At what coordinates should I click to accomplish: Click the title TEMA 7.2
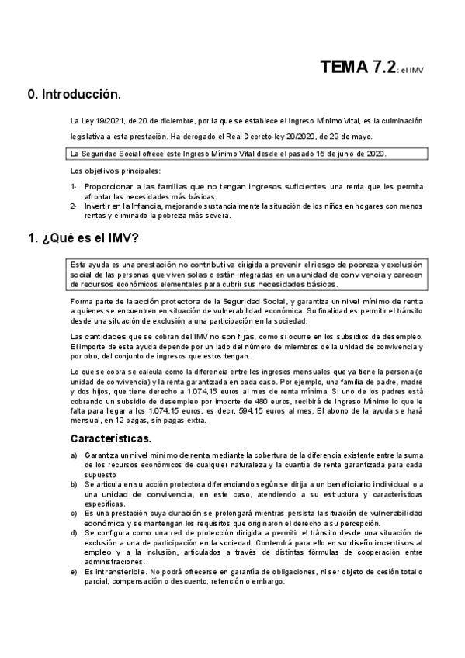pos(359,68)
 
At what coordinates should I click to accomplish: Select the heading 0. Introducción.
pos(75,95)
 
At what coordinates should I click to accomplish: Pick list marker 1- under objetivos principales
pos(74,187)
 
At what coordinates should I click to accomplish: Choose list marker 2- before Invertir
pos(74,206)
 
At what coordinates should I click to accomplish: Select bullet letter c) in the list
pos(74,513)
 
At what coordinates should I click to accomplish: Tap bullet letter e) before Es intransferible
pos(74,571)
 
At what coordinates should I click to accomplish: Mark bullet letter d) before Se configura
pos(74,532)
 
